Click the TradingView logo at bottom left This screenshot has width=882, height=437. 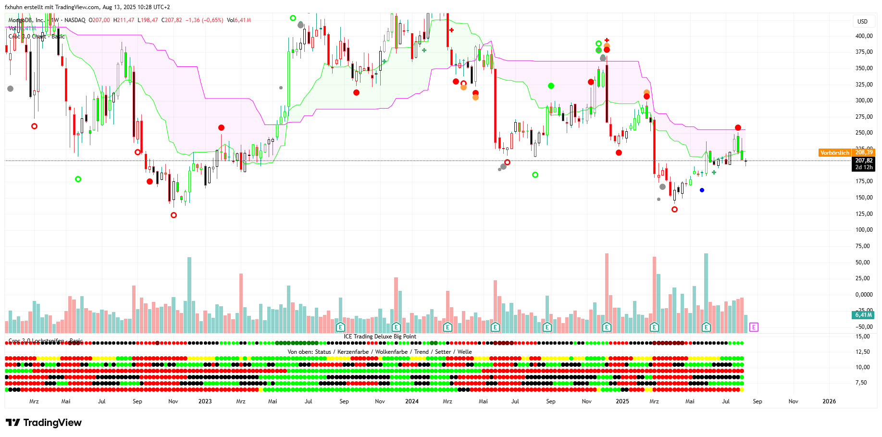coord(44,423)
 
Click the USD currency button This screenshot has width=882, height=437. coord(862,22)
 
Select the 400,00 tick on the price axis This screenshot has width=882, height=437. coord(864,36)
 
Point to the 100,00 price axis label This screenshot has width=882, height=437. coord(864,230)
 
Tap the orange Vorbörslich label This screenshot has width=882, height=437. coord(834,153)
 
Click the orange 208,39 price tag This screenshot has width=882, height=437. coord(864,152)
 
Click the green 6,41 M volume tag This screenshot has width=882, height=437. coord(863,315)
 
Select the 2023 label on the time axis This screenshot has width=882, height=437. coord(205,401)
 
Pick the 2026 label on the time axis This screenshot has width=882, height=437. coord(829,401)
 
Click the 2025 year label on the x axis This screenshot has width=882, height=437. coord(622,401)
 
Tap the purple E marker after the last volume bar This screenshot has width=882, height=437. coord(754,327)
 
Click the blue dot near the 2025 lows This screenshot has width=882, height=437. coord(702,190)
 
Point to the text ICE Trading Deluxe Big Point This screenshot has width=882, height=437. coord(380,337)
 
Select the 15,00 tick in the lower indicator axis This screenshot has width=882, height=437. coord(863,337)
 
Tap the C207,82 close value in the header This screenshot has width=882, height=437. coord(172,20)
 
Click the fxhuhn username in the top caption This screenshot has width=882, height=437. coord(14,7)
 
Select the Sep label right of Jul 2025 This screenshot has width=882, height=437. coord(757,401)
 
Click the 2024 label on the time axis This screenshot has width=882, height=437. coord(411,401)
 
